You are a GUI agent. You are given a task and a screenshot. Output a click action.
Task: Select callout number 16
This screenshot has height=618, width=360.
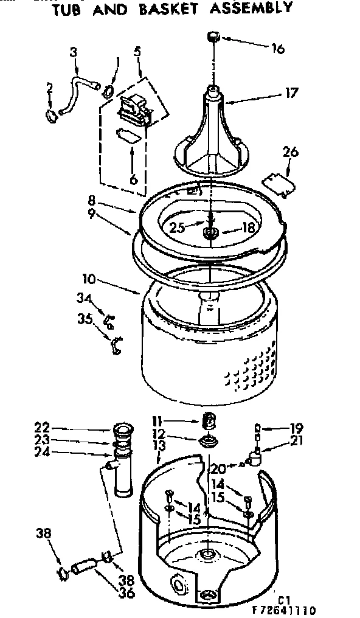(x=277, y=49)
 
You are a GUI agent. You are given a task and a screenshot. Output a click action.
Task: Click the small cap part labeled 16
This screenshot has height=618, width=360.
(x=214, y=37)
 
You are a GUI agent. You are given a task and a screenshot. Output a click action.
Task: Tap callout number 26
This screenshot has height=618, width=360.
(x=290, y=151)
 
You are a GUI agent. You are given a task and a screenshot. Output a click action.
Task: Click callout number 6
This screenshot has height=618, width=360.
(x=133, y=179)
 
